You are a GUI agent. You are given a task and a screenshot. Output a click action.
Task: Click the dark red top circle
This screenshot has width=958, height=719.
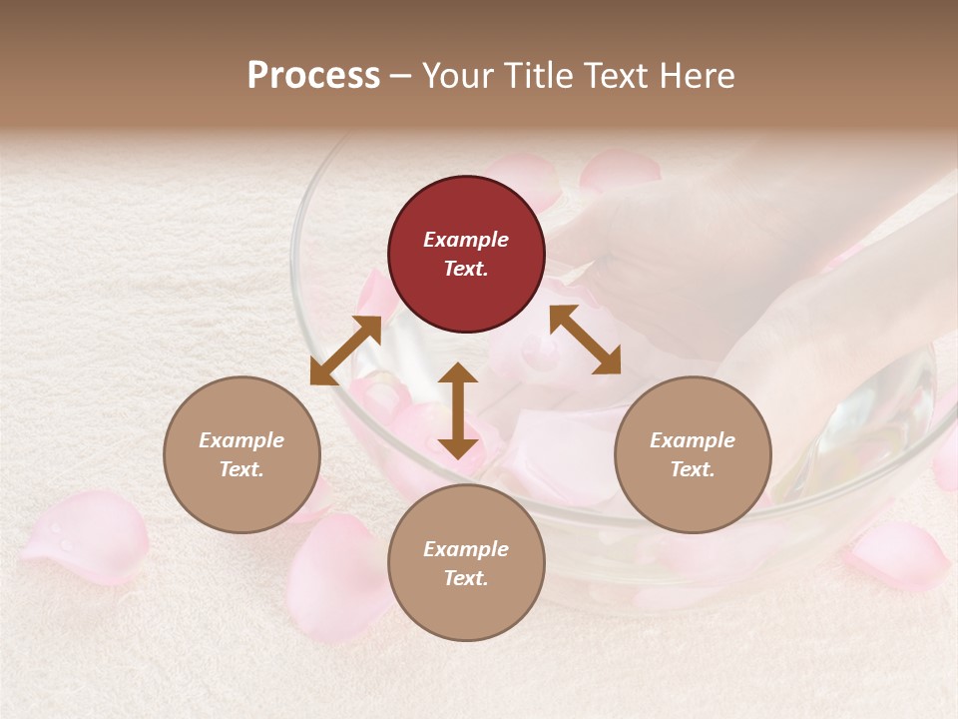pyautogui.click(x=466, y=255)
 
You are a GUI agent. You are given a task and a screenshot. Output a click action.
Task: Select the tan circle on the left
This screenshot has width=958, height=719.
pyautogui.click(x=241, y=454)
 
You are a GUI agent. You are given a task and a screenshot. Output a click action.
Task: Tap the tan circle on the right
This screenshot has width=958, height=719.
pyautogui.click(x=692, y=454)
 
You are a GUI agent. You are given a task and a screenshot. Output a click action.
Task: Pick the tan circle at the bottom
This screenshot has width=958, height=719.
pyautogui.click(x=466, y=563)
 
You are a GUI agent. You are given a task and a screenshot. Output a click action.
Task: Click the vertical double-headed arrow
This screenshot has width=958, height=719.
pyautogui.click(x=458, y=410)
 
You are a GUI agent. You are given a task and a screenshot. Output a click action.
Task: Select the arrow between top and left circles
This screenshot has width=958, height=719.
pyautogui.click(x=345, y=351)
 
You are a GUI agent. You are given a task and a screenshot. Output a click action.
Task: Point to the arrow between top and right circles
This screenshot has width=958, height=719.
pyautogui.click(x=585, y=340)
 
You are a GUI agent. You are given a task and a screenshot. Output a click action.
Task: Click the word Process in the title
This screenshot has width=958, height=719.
pyautogui.click(x=313, y=75)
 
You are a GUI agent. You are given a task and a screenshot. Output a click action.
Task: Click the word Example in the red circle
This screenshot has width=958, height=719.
pyautogui.click(x=466, y=240)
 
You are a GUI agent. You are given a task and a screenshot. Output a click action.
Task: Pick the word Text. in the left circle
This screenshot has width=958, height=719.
pyautogui.click(x=241, y=469)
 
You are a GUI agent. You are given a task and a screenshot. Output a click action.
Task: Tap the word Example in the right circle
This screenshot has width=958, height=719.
pyautogui.click(x=692, y=440)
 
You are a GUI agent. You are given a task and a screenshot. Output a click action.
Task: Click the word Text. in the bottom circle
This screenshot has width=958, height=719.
pyautogui.click(x=466, y=578)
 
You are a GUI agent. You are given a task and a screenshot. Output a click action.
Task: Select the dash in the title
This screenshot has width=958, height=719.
pyautogui.click(x=400, y=75)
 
